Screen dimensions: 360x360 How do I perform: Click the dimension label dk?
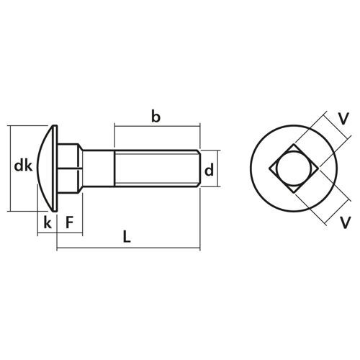(23, 166)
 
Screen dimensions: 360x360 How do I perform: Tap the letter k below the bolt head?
(48, 222)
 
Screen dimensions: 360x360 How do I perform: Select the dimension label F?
(70, 222)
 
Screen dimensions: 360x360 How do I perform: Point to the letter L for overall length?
(127, 236)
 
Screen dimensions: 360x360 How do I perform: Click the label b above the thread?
(156, 117)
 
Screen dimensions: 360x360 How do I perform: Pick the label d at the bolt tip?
(209, 170)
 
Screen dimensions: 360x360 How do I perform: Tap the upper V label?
(343, 119)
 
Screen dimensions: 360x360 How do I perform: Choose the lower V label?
(346, 222)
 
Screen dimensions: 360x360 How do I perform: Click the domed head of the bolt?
(48, 168)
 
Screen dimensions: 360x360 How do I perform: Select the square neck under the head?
(68, 168)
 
